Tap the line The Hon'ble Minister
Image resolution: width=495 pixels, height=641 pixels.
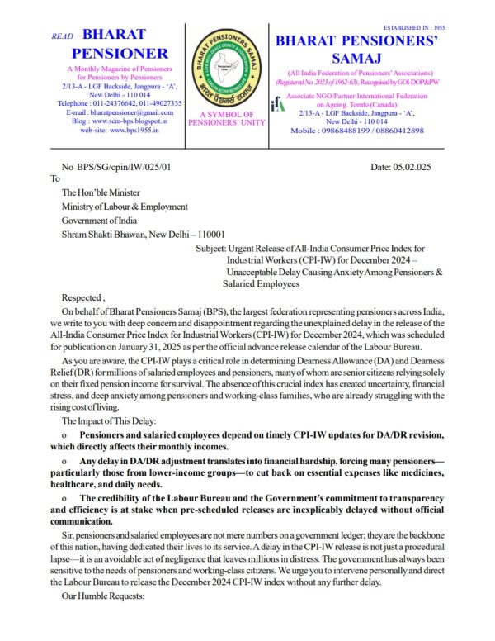101,191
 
